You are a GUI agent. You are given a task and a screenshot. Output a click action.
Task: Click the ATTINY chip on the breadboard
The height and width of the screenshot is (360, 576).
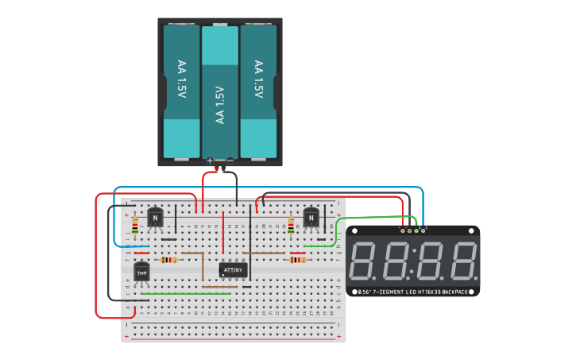point(233,270)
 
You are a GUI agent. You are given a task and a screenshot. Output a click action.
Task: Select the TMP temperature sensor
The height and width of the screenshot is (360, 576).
point(141,273)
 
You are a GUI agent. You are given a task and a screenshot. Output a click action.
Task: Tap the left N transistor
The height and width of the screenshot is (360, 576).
point(155,217)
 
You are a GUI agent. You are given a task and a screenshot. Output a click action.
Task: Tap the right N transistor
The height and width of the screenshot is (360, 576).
point(311,217)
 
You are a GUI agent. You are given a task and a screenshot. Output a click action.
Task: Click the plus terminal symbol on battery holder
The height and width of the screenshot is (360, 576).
point(210,161)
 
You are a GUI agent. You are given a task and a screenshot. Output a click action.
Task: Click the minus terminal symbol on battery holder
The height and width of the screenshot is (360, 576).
point(230,161)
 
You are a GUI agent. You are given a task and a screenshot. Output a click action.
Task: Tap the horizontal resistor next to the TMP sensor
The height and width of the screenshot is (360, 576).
point(168,260)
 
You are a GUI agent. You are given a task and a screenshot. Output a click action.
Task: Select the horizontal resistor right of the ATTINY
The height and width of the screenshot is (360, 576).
point(297,260)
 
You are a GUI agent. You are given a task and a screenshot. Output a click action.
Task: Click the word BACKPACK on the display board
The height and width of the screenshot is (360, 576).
point(455,292)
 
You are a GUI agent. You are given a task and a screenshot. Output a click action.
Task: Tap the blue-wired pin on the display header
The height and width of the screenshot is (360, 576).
point(423,230)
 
